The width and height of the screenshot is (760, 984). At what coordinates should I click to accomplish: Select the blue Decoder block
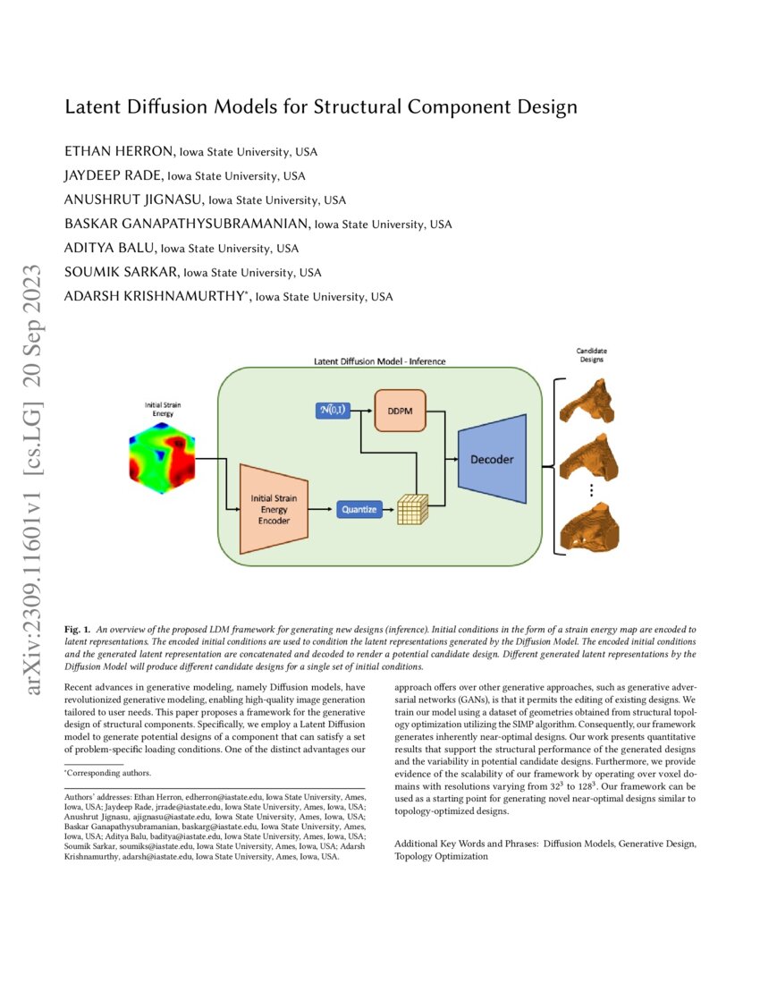[x=491, y=459]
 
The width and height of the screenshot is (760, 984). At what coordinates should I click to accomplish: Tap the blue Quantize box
[x=359, y=510]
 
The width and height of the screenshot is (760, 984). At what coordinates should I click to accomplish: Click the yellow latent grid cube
[x=413, y=511]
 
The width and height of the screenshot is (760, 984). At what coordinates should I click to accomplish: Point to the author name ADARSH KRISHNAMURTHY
[x=154, y=296]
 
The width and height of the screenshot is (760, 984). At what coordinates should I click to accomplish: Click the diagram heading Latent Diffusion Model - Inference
[x=379, y=361]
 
